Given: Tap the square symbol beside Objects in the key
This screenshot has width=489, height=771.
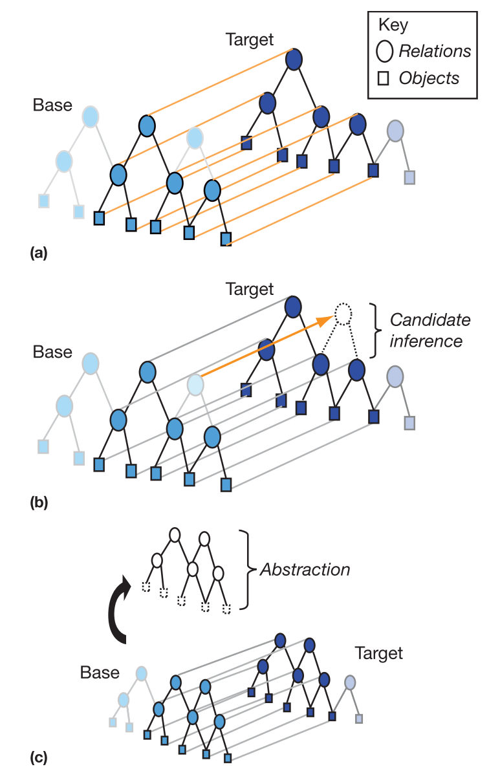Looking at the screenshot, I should pos(384,79).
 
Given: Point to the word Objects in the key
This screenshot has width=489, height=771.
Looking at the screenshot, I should pos(429,79).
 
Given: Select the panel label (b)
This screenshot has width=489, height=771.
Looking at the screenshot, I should pos(39,501).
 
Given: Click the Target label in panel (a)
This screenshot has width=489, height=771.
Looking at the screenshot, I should pos(250,39).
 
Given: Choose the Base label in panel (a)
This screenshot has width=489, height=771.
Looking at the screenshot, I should pos(53,105).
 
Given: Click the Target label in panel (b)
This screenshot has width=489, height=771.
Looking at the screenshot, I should pos(250,288).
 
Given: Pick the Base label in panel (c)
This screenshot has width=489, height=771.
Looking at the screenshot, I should pos(100,673).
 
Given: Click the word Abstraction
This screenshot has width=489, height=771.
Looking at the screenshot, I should pos(305,570).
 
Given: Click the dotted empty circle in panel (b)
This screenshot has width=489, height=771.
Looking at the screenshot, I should pos(343,315).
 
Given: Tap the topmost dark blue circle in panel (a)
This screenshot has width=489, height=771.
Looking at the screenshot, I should pos(294,60).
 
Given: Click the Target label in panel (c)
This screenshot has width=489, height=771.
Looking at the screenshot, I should pos(379,653).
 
